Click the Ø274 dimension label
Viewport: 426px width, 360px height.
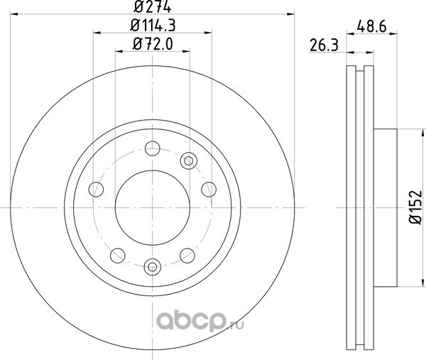point(153,6)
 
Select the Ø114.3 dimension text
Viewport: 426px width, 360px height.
point(153,26)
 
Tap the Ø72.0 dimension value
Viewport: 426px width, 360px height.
point(153,44)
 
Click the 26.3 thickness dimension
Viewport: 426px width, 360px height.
point(324,45)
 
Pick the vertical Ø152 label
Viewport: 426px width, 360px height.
point(415,207)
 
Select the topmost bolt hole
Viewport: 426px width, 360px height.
point(153,148)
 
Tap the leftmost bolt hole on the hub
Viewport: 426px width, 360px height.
point(96,190)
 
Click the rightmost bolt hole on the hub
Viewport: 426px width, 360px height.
point(209,190)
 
